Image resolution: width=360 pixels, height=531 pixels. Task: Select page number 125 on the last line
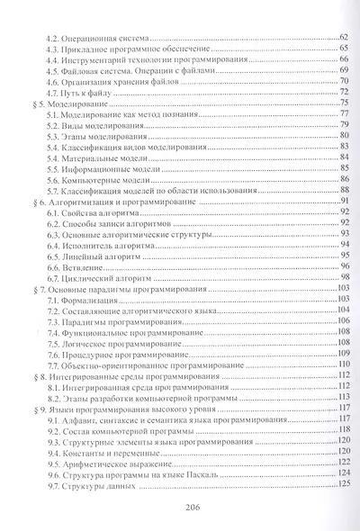pos(341,487)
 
